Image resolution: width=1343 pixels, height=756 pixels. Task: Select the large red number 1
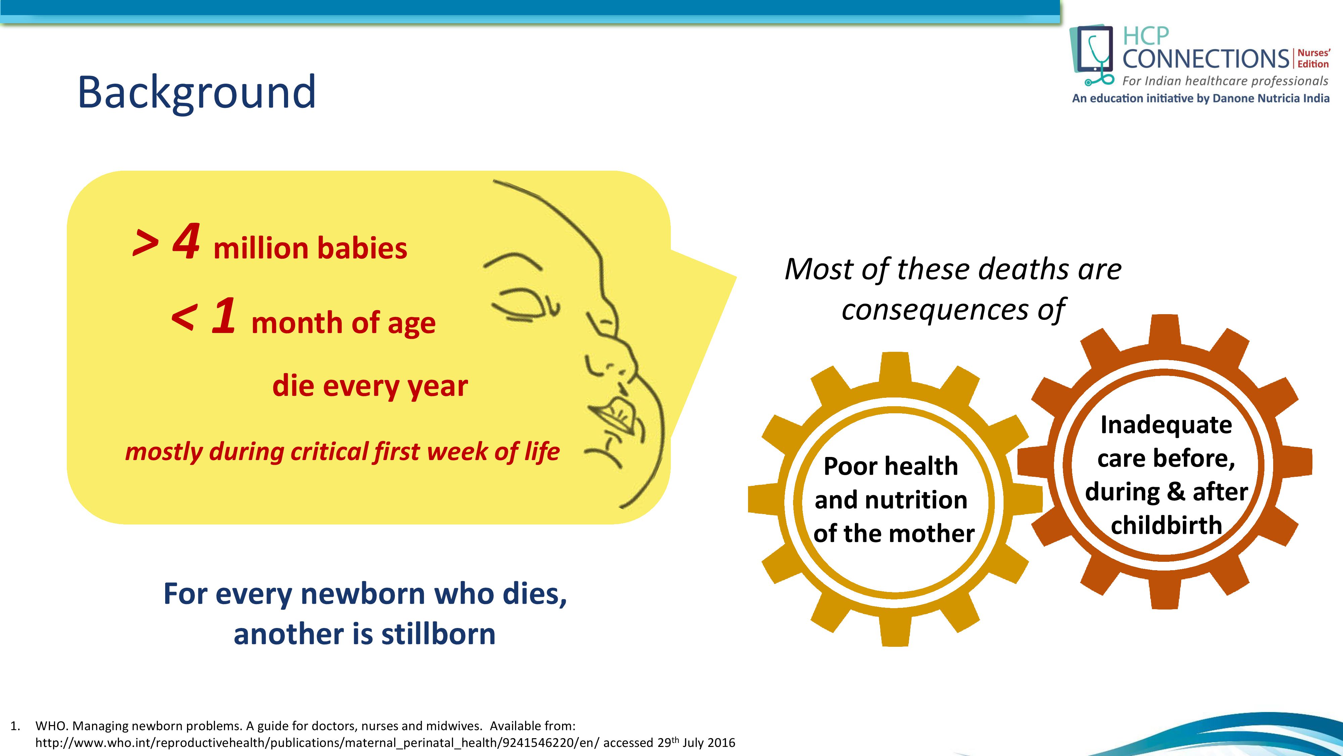click(224, 315)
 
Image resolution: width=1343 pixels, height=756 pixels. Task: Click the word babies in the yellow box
click(362, 248)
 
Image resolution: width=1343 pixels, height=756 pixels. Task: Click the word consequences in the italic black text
click(935, 310)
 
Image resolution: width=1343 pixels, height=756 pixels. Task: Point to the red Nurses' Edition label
click(1313, 58)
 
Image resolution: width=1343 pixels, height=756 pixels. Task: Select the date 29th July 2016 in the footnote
click(696, 743)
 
